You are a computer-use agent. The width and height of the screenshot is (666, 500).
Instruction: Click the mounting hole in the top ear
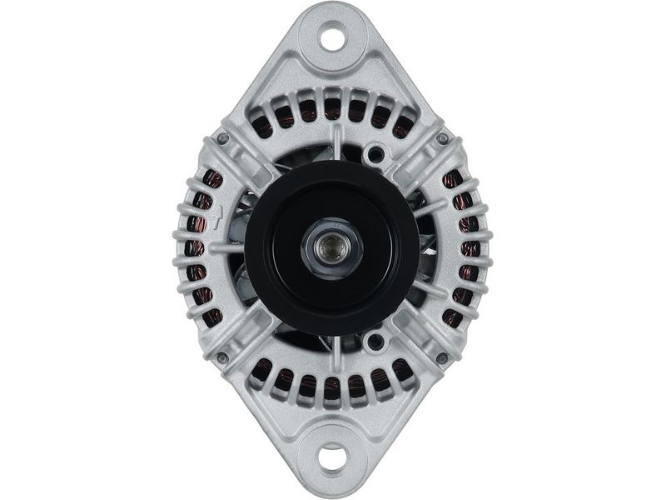click(332, 37)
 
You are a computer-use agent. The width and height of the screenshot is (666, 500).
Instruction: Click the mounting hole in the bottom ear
click(332, 457)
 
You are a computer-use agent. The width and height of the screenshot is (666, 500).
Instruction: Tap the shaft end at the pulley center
click(332, 246)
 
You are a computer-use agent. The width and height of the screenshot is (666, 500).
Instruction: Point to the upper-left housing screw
click(223, 138)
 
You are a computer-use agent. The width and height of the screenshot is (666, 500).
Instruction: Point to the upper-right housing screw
click(442, 138)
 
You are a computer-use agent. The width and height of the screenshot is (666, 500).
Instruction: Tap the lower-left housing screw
click(223, 358)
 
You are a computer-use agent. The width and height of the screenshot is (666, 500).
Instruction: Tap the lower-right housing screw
click(442, 358)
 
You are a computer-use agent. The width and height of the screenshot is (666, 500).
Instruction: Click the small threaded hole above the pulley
click(376, 154)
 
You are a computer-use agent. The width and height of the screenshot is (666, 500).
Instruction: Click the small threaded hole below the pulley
click(376, 341)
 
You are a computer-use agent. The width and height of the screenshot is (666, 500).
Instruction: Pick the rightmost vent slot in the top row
click(404, 125)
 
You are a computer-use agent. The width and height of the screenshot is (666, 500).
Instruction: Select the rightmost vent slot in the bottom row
click(404, 370)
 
